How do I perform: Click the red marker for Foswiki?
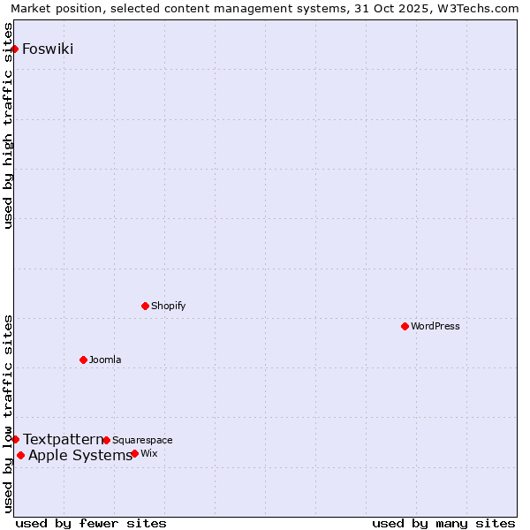tap(15, 49)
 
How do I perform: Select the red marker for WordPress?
tap(405, 326)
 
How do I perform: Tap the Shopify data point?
tap(145, 306)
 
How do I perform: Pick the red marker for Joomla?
tap(83, 360)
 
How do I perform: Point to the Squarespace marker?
tap(106, 440)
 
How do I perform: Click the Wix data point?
tap(134, 453)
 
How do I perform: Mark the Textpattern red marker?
tap(15, 439)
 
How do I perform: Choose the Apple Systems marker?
tap(20, 455)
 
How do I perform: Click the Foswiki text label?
tap(48, 49)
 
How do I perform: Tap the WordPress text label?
tap(435, 326)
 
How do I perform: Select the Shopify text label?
tap(168, 306)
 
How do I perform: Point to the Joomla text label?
tap(105, 360)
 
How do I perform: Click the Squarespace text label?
tap(142, 440)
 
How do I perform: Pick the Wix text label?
tap(148, 453)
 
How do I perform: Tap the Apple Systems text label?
tap(80, 455)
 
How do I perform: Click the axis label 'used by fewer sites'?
tap(91, 523)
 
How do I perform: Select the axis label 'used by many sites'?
tap(443, 523)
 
